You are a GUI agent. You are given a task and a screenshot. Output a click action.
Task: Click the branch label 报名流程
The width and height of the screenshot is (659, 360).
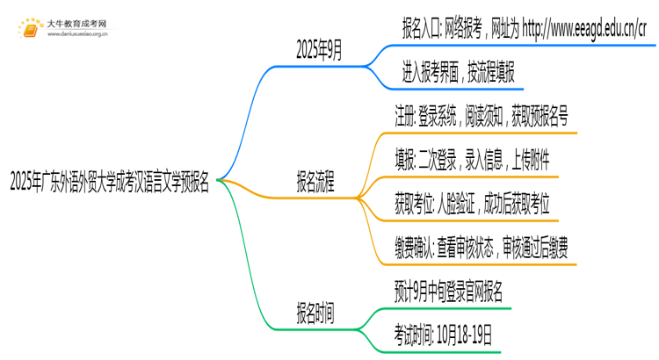(x=315, y=184)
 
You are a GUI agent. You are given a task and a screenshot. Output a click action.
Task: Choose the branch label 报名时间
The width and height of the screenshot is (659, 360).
(x=315, y=313)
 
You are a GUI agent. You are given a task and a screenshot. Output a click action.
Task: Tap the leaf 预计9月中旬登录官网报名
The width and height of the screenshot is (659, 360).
(x=449, y=292)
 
